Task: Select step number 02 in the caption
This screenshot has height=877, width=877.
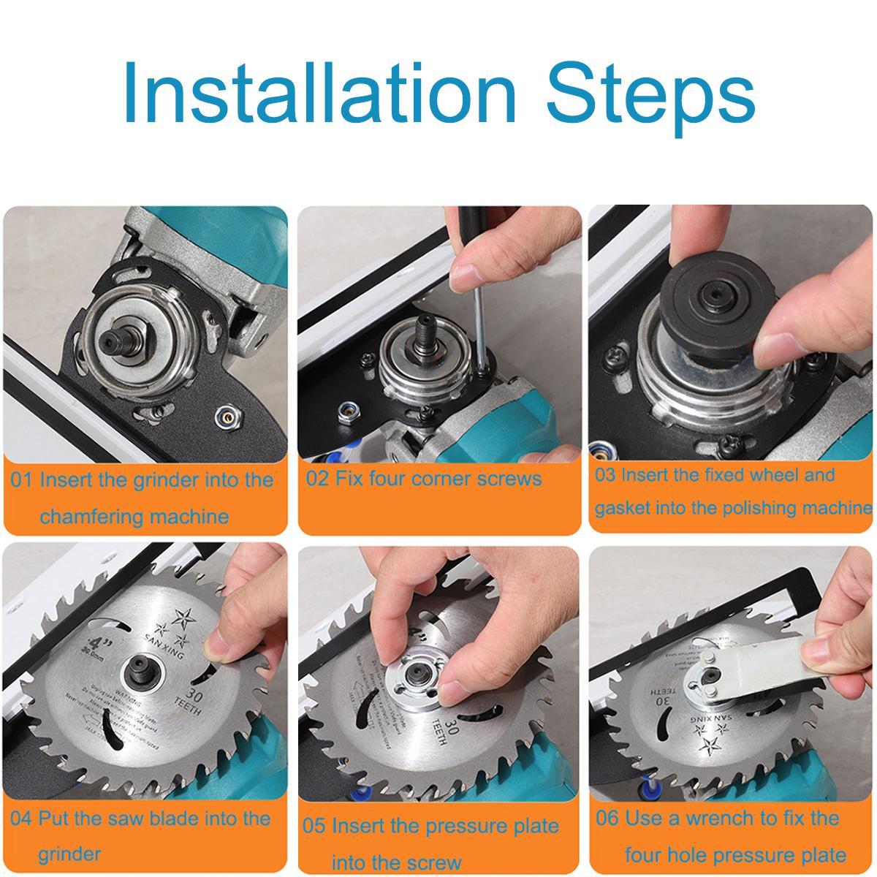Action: pos(316,479)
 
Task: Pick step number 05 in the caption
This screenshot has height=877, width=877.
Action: pos(314,827)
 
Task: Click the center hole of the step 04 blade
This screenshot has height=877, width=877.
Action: pos(139,667)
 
